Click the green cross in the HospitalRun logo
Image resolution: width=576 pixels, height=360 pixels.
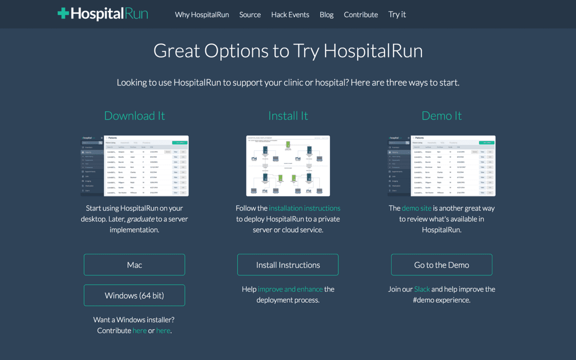(x=63, y=13)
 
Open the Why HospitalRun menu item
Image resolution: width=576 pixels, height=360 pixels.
(x=202, y=14)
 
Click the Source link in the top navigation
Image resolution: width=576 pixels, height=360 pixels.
(x=250, y=14)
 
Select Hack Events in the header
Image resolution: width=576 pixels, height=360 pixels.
(x=290, y=14)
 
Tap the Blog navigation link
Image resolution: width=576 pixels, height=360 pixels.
(x=326, y=14)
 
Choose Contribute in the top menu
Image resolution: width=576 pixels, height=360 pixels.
(x=361, y=14)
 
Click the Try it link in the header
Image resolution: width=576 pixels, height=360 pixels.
(x=397, y=14)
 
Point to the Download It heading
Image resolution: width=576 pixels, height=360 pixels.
(x=134, y=116)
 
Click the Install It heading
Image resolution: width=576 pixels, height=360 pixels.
(x=288, y=116)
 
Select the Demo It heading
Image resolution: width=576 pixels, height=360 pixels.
(x=442, y=116)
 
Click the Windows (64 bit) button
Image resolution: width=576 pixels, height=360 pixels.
(x=134, y=295)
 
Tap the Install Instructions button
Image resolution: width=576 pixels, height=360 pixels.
(x=288, y=265)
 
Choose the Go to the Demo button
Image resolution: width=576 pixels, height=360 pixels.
(x=442, y=265)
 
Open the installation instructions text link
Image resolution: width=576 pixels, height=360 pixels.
(x=304, y=208)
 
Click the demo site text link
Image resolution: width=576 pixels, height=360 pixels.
(x=417, y=208)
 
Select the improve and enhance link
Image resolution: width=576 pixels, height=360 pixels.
(x=290, y=289)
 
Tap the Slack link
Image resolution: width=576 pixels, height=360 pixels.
(x=422, y=289)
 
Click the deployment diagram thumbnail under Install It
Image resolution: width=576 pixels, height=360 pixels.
(x=288, y=166)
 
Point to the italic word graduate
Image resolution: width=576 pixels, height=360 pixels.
(x=140, y=219)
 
